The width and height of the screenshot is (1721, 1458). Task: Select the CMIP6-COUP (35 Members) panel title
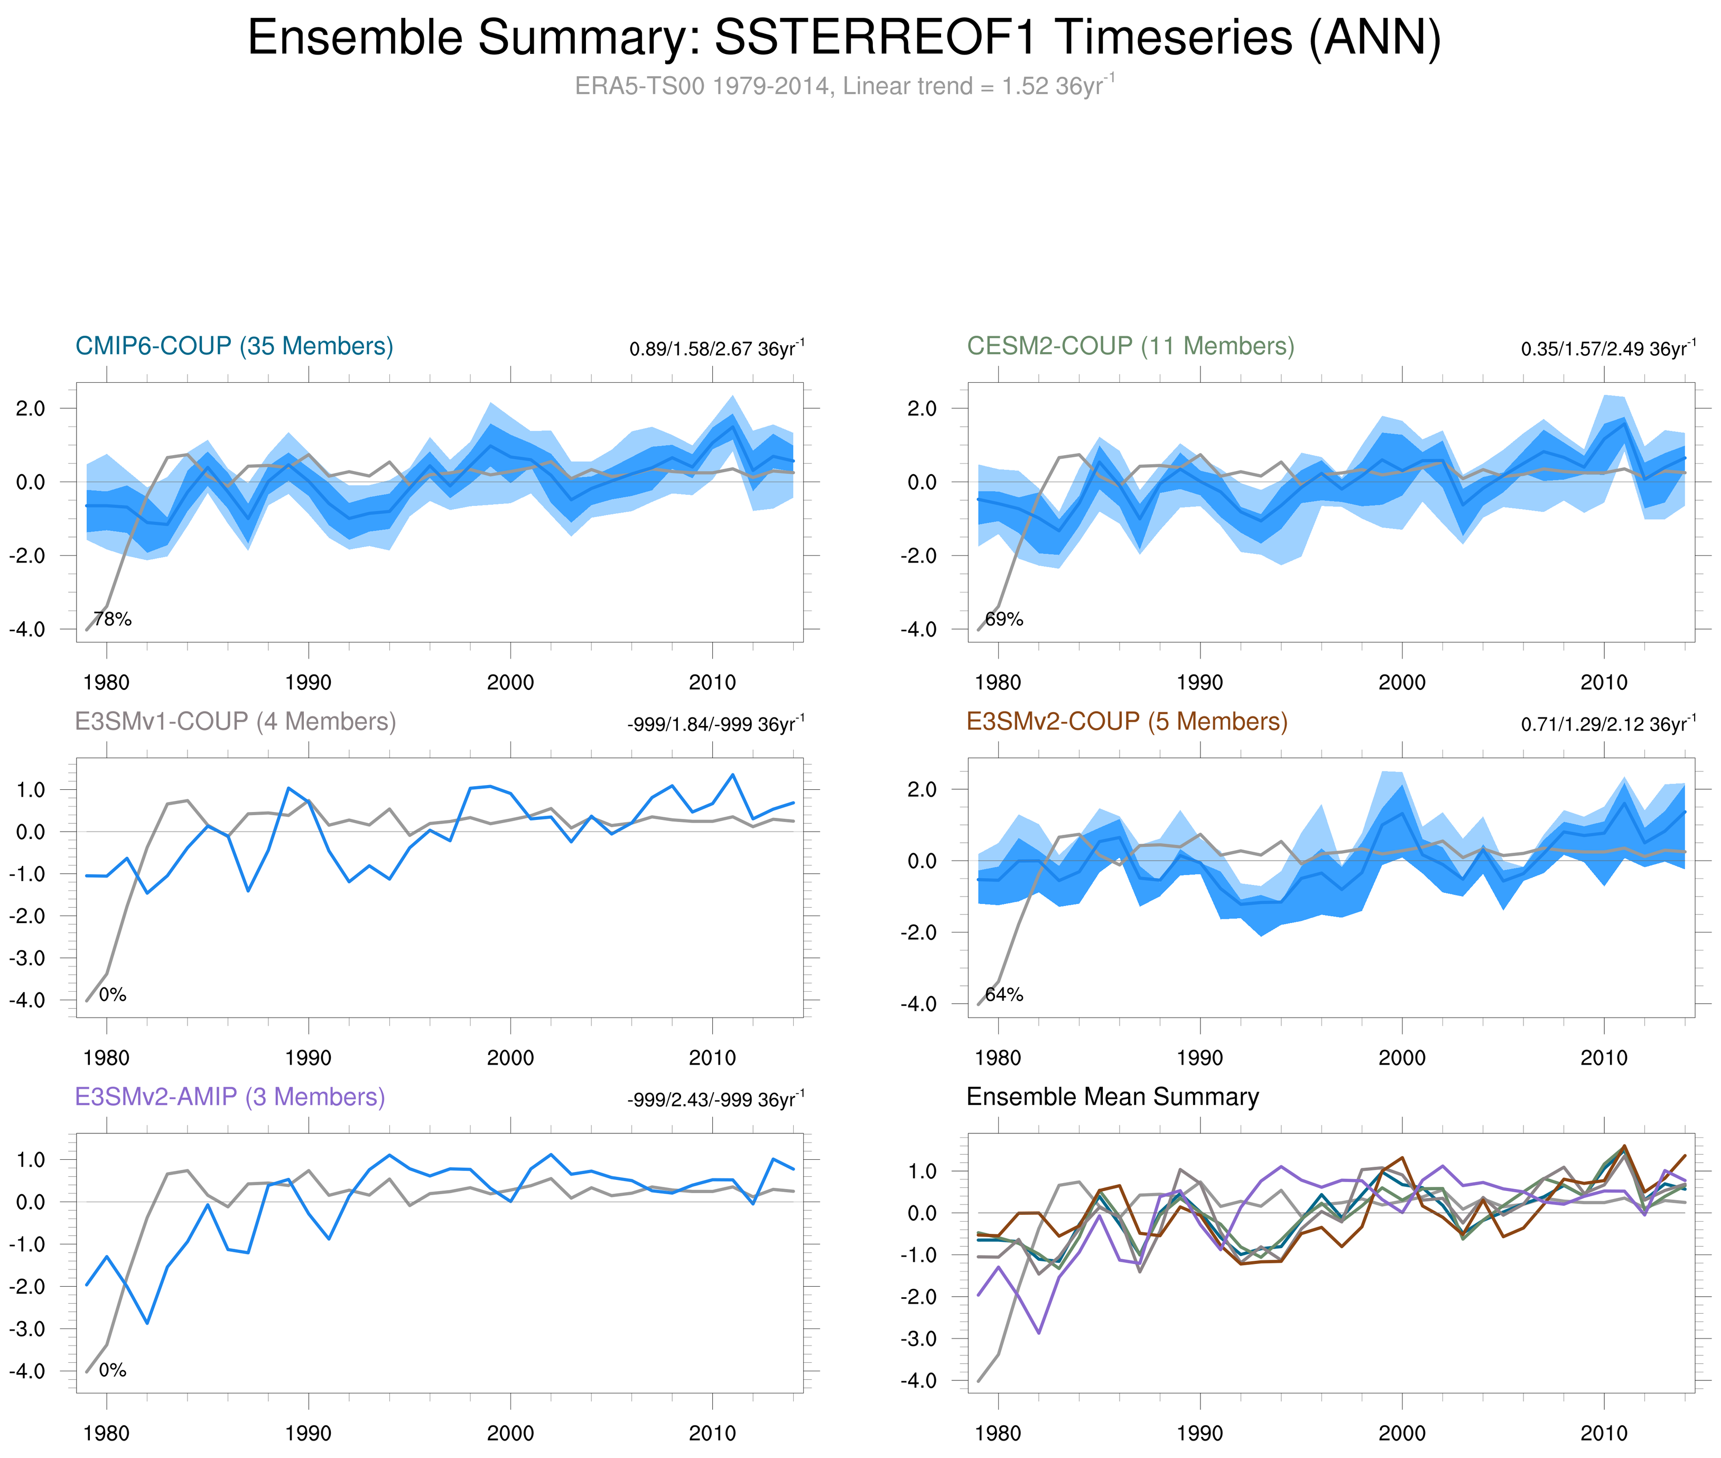click(x=234, y=346)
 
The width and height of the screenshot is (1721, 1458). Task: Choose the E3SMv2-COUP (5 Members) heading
click(x=1126, y=722)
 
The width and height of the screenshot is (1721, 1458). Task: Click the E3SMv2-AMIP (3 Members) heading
click(x=230, y=1097)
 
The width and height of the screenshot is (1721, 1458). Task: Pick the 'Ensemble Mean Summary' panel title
click(x=1112, y=1097)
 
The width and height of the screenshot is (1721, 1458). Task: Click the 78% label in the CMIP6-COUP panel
click(x=113, y=619)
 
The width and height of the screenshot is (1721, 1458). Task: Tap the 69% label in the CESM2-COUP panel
click(x=1004, y=619)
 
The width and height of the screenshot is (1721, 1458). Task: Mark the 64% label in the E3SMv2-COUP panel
click(x=1004, y=994)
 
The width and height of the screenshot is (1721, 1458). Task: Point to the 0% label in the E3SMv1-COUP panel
click(x=113, y=994)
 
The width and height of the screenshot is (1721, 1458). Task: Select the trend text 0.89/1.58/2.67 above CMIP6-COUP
click(x=715, y=349)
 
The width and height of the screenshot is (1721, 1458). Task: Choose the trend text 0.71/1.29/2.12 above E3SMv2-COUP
click(x=1607, y=724)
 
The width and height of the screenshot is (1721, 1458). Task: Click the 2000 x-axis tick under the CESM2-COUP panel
click(x=1401, y=682)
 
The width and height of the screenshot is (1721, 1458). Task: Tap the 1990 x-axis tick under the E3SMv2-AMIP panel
click(x=308, y=1433)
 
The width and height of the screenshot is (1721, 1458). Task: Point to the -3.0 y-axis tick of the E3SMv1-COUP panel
click(x=27, y=958)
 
